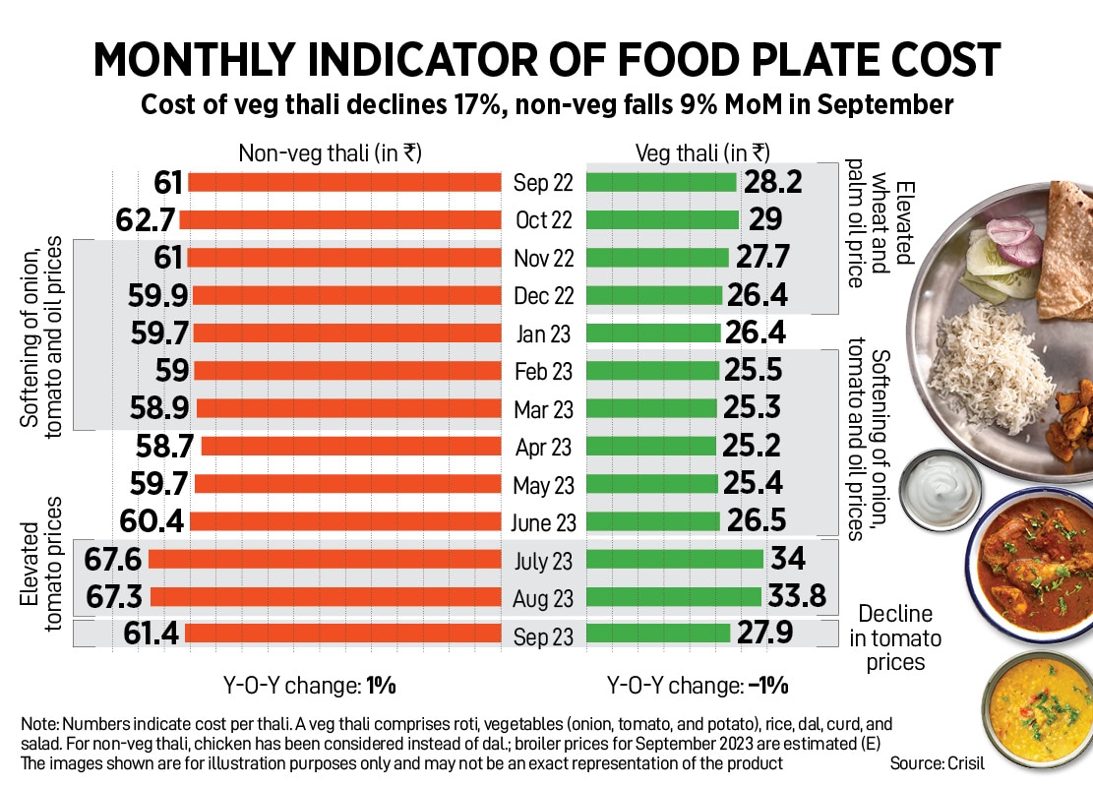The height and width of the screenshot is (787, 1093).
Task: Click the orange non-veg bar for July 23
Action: pyautogui.click(x=326, y=560)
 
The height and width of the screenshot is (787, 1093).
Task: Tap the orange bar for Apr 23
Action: pyautogui.click(x=352, y=447)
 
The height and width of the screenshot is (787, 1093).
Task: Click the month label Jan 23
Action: pyautogui.click(x=543, y=333)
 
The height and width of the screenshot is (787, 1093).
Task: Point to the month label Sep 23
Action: pyautogui.click(x=543, y=636)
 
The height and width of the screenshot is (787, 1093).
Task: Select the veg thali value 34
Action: pyautogui.click(x=789, y=560)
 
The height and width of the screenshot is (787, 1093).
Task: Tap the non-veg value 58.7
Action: pyautogui.click(x=163, y=447)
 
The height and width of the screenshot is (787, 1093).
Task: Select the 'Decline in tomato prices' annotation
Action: pyautogui.click(x=895, y=637)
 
